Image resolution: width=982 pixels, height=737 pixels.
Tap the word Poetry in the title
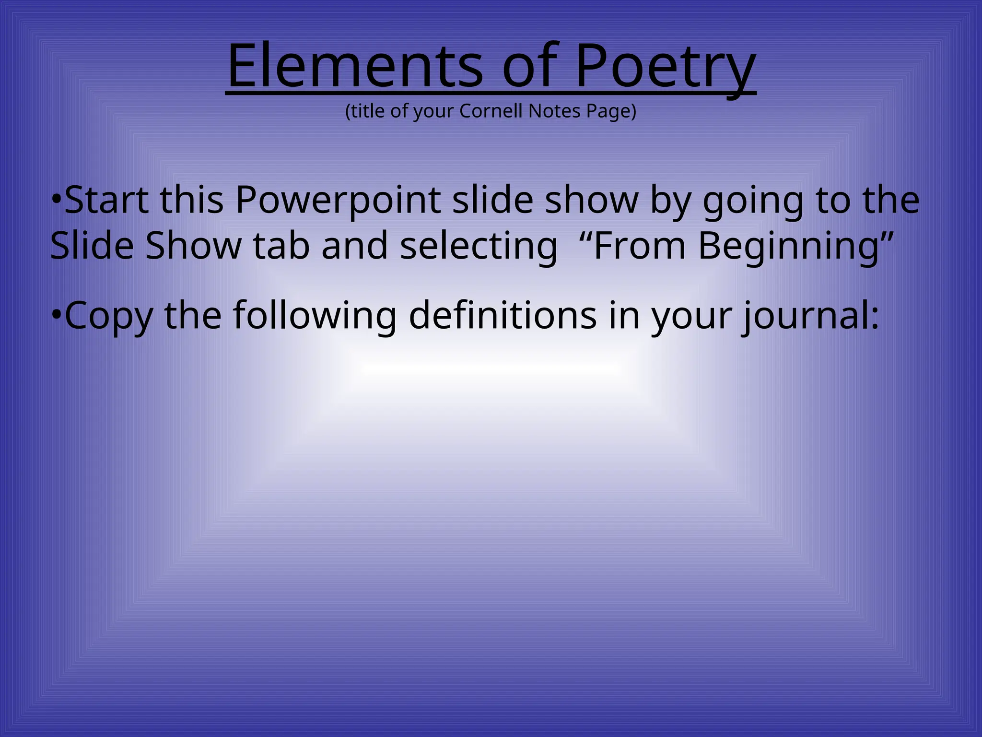click(x=665, y=67)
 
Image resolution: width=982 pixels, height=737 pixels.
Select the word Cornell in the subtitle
click(x=491, y=111)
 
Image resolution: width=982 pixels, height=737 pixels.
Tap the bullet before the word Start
click(x=57, y=199)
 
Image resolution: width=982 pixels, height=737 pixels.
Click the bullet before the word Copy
click(x=57, y=315)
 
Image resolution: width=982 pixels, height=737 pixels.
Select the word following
click(x=315, y=316)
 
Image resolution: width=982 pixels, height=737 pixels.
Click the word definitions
click(x=503, y=315)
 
